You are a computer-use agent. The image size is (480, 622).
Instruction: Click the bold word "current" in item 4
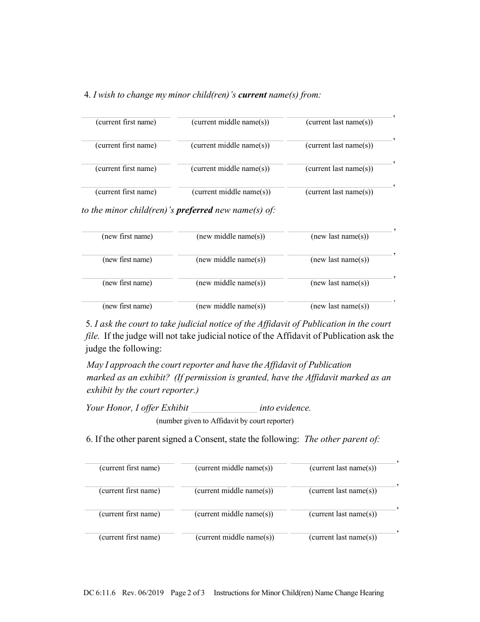pos(252,95)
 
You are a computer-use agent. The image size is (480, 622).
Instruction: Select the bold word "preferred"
pos(194,210)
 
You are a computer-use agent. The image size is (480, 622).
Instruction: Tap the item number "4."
pos(87,95)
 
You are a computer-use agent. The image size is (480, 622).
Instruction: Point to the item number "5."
pos(89,324)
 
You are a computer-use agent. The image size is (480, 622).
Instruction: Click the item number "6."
pos(89,439)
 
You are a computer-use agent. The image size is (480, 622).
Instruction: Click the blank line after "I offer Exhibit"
pos(224,408)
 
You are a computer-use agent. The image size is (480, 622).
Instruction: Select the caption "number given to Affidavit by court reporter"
pos(224,421)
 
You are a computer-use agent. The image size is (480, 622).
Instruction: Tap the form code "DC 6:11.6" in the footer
pos(100,593)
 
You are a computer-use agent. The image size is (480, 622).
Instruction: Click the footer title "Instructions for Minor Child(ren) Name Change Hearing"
pos(299,593)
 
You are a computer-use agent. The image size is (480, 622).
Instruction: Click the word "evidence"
pos(294,408)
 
